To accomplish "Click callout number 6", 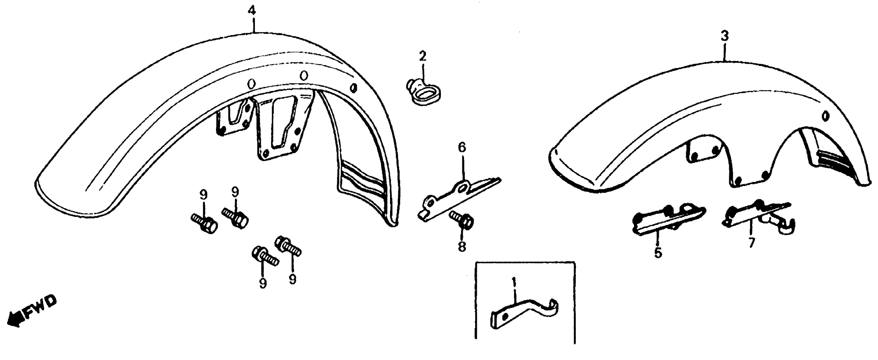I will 462,148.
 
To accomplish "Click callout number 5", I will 658,253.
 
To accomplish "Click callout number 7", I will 752,243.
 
